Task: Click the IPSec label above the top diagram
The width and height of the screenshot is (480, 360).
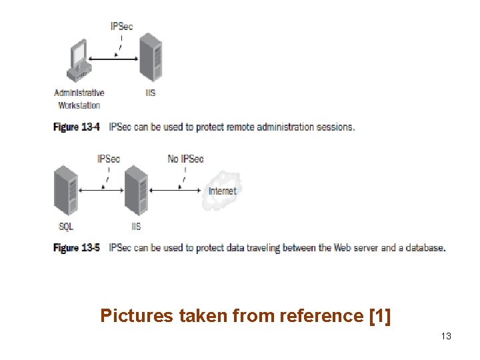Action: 122,27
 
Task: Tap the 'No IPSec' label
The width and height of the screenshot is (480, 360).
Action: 185,159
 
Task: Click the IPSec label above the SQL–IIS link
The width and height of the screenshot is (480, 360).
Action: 108,159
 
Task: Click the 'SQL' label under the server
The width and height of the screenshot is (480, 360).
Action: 66,227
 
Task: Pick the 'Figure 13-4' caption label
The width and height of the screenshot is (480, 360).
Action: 76,127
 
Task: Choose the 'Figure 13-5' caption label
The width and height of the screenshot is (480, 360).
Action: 76,248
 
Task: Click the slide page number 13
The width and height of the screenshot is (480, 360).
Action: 446,336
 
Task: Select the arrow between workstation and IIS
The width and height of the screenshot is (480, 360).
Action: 113,59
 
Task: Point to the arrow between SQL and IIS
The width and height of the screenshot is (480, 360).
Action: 101,190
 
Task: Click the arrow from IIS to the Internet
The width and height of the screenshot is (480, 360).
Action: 175,190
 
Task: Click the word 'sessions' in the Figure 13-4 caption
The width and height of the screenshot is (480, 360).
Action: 335,127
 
